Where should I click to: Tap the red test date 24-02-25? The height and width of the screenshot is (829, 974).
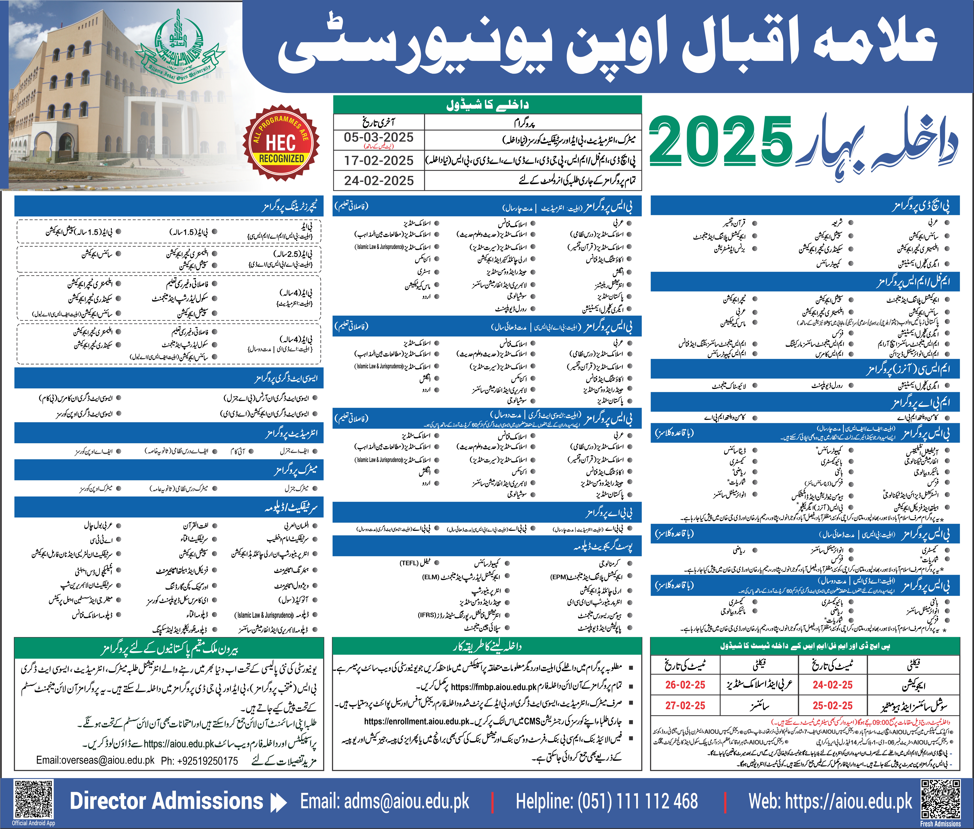[833, 685]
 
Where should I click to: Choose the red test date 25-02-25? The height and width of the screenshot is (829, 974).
[833, 705]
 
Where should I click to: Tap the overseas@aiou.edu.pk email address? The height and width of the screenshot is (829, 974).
[95, 760]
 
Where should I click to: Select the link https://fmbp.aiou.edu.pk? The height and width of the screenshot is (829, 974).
[494, 687]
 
